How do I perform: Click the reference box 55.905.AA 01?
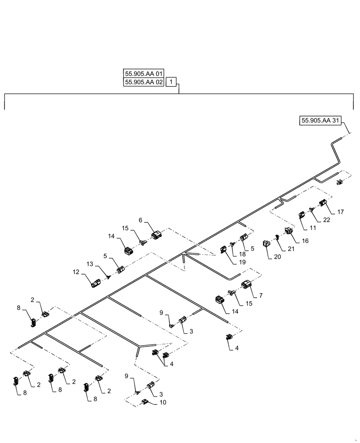[144, 73]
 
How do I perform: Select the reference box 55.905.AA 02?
[144, 82]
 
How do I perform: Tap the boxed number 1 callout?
[172, 82]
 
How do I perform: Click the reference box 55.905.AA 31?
[322, 120]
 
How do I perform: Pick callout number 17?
[340, 212]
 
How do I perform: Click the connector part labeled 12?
[96, 284]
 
